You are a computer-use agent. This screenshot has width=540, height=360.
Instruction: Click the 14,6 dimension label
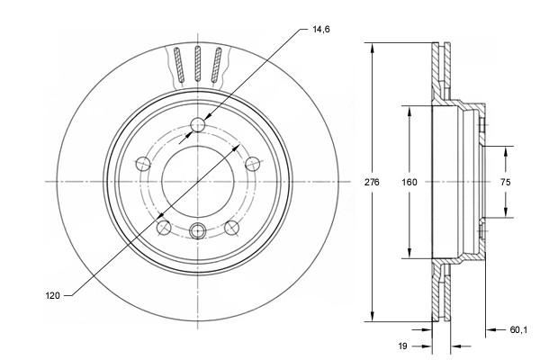click(322, 30)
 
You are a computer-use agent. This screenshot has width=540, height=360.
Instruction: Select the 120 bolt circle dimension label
click(52, 295)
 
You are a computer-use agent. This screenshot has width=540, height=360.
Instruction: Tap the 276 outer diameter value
click(373, 182)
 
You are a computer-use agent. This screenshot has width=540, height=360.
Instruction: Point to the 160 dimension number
click(409, 182)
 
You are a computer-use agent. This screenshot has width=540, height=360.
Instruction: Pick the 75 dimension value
click(505, 182)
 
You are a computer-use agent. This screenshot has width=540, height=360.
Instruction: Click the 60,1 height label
click(517, 329)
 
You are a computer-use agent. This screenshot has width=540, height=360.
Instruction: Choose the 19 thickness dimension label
click(405, 345)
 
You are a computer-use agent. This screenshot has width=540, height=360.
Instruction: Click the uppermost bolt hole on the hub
click(198, 125)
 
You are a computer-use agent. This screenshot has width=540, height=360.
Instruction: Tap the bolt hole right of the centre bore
click(254, 163)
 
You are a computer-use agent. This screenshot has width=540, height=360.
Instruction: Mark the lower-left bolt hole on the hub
click(163, 227)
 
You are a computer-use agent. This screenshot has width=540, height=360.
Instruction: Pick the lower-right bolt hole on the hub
click(232, 227)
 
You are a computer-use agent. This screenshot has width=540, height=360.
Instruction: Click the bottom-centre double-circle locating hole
click(198, 228)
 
